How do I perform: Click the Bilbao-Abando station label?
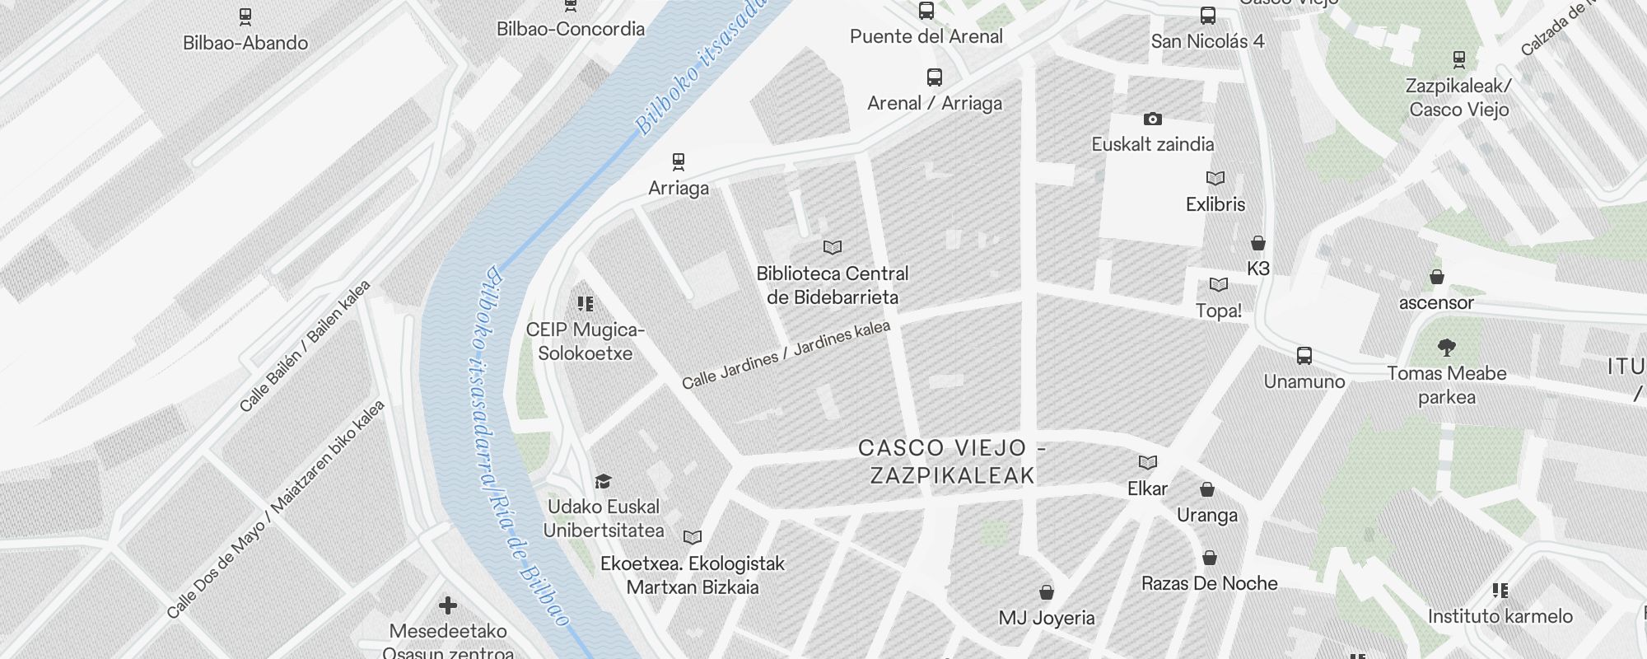(x=245, y=43)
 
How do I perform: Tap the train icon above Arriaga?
(x=679, y=161)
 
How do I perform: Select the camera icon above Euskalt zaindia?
(x=1153, y=119)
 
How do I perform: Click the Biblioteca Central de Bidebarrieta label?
(x=833, y=285)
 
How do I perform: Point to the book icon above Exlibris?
(x=1215, y=179)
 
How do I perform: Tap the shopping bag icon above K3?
(x=1258, y=243)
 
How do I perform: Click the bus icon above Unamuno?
(x=1304, y=356)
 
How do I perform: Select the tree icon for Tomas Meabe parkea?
(x=1446, y=347)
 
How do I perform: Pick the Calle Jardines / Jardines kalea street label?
(x=786, y=354)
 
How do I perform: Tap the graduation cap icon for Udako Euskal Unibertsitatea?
(x=604, y=481)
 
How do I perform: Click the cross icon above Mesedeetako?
(x=448, y=606)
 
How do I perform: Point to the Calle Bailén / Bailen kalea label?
(x=305, y=346)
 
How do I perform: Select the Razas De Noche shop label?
(x=1209, y=583)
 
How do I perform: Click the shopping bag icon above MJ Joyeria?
(x=1047, y=593)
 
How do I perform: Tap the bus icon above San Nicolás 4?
(x=1208, y=16)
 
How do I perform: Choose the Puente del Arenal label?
(x=926, y=36)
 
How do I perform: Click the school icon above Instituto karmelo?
(x=1500, y=591)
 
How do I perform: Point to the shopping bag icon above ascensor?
(x=1437, y=277)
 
